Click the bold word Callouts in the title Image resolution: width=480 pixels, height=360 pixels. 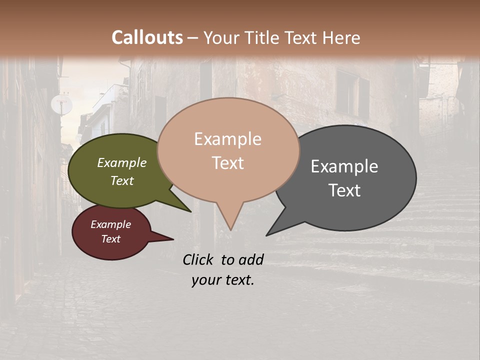[147, 37]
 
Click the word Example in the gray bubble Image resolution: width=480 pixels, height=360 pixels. [344, 166]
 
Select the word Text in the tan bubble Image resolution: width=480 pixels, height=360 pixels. [228, 163]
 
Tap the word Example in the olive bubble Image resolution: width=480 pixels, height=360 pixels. [122, 163]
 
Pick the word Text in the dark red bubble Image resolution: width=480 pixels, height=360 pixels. [111, 239]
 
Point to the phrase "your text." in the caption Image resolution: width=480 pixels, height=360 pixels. [223, 280]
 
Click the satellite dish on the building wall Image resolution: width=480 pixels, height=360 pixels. [61, 104]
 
